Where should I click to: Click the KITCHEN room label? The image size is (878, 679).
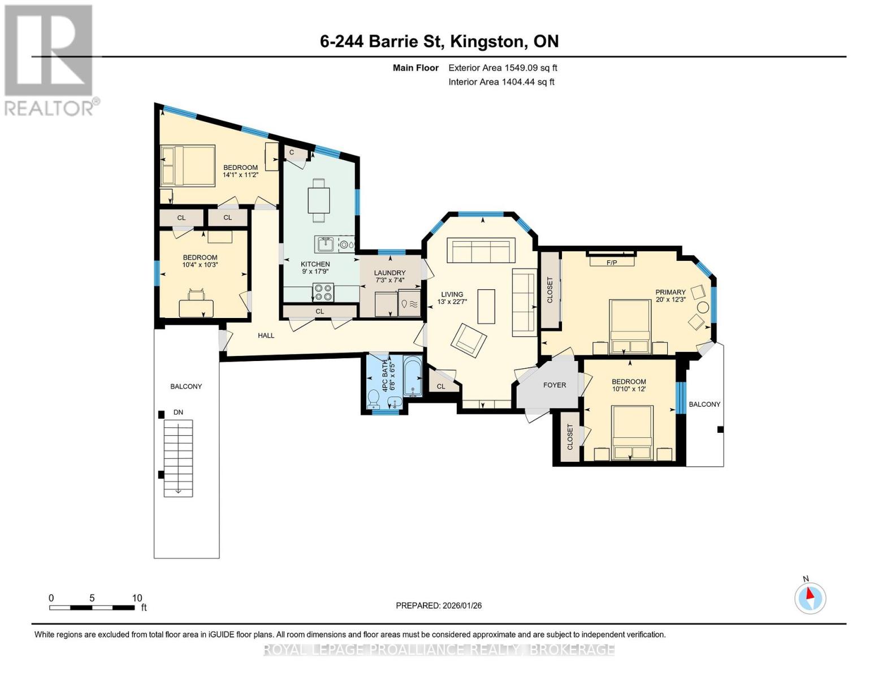click(315, 264)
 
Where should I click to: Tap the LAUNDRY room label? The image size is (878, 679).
click(390, 273)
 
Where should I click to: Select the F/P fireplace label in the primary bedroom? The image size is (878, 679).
click(612, 263)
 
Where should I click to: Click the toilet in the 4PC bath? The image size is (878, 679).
click(374, 398)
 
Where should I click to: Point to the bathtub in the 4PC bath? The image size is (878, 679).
click(413, 376)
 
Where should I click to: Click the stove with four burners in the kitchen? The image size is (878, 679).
click(323, 293)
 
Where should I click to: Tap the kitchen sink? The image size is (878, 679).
click(325, 244)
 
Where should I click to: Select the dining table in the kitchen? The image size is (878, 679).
click(318, 200)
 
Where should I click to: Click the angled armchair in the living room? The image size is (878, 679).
click(469, 340)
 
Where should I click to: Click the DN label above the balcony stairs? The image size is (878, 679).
click(178, 412)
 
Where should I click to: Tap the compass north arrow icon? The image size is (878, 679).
click(810, 598)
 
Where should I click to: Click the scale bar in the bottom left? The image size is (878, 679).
click(92, 608)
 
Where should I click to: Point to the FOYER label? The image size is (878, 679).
click(554, 385)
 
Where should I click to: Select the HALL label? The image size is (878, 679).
click(266, 336)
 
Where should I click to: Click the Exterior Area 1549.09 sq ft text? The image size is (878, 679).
click(503, 68)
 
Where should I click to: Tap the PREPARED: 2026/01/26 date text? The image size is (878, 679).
click(439, 605)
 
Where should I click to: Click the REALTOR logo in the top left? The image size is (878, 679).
click(49, 59)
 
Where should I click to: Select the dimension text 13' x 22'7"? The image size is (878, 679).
click(452, 302)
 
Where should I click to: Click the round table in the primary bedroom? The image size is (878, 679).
click(703, 308)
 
